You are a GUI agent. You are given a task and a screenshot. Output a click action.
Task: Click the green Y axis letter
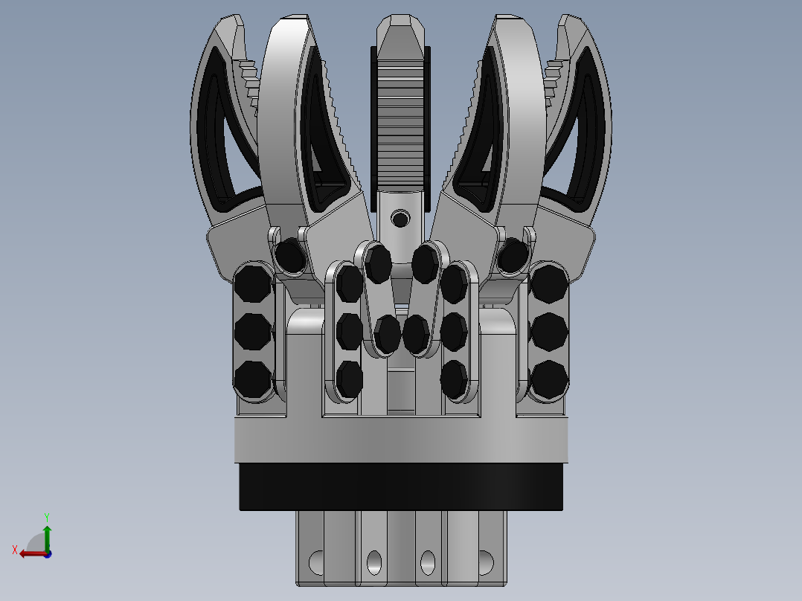click(47, 518)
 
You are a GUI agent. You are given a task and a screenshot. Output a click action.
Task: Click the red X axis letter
click(15, 550)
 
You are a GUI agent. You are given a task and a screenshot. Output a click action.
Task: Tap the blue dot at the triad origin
click(48, 554)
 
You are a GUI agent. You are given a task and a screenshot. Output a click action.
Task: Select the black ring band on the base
click(401, 487)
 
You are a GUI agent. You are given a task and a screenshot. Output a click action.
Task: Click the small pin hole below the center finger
click(400, 219)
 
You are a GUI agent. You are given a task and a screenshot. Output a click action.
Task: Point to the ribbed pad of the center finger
click(400, 120)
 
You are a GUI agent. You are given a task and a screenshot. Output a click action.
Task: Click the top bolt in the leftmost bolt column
click(253, 283)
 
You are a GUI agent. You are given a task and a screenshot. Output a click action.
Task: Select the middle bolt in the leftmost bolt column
click(253, 332)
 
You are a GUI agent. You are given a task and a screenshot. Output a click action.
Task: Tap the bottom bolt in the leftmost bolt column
click(253, 379)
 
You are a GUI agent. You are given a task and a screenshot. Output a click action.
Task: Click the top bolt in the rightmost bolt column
click(549, 283)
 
